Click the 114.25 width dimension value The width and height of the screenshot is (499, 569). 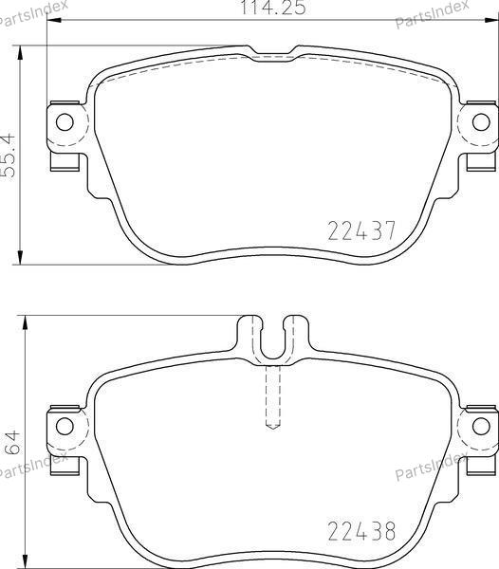click(x=273, y=8)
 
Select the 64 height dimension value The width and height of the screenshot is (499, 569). click(x=11, y=443)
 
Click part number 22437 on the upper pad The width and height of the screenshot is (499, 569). click(x=361, y=230)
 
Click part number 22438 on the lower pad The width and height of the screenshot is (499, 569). click(x=361, y=531)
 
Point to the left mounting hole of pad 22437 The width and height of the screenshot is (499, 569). click(x=65, y=122)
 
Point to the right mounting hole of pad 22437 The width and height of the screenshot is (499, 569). click(x=481, y=122)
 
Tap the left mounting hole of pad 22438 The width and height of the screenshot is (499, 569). click(x=65, y=425)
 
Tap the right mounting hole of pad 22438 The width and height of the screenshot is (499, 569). click(x=481, y=425)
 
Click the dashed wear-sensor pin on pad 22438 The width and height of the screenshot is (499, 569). click(x=273, y=397)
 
